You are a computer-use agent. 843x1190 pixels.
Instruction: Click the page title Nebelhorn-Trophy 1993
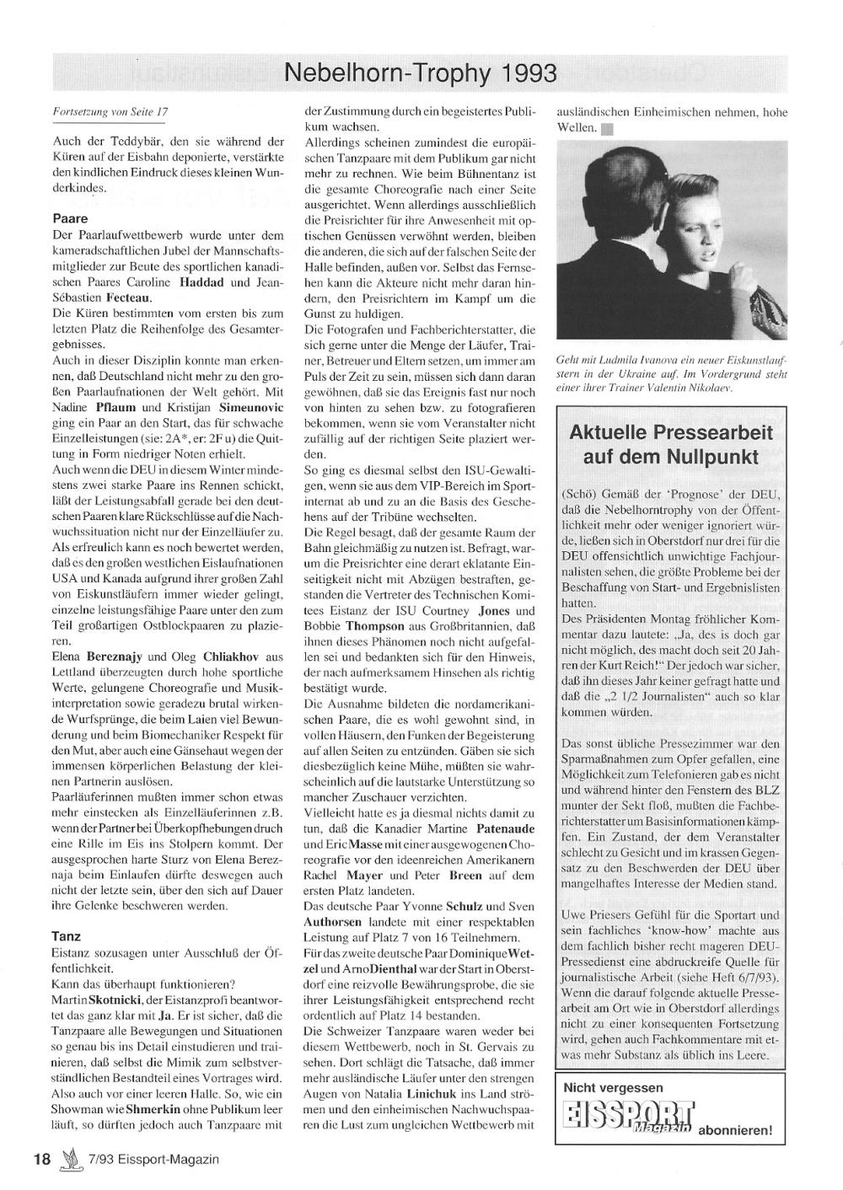coord(421,74)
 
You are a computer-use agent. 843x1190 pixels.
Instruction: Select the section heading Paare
coord(69,217)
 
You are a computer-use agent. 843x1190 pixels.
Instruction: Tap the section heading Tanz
coord(67,935)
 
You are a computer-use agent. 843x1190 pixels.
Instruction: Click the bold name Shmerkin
coord(153,1110)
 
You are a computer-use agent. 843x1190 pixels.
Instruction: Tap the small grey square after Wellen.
coord(607,129)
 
